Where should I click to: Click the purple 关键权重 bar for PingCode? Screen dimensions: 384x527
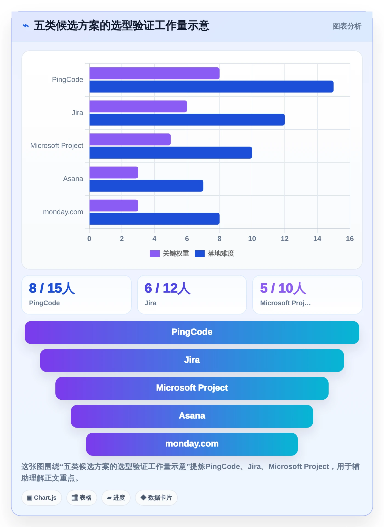click(154, 73)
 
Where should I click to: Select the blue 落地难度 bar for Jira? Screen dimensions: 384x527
click(187, 120)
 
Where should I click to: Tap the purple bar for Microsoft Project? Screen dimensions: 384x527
click(130, 139)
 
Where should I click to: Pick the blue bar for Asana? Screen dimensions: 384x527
click(146, 186)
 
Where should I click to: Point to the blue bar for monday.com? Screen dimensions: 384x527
click(154, 219)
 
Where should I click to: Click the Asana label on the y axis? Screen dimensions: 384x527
click(73, 179)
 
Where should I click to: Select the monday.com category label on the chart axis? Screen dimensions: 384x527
click(63, 212)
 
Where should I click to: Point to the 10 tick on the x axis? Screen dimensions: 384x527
click(252, 239)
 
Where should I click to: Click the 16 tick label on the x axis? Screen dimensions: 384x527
click(350, 239)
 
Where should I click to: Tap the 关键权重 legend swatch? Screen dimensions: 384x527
click(155, 254)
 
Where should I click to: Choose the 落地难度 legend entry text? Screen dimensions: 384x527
click(221, 254)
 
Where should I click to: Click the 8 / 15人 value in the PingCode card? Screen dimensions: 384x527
click(52, 288)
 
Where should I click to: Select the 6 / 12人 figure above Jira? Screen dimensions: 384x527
click(168, 288)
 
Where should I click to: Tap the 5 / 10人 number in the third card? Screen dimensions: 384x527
click(283, 288)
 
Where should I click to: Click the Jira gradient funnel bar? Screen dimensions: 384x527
click(192, 360)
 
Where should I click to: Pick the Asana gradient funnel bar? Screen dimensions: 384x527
click(192, 416)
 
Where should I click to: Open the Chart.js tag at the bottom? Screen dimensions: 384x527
click(42, 498)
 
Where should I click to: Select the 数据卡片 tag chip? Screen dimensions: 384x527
click(156, 498)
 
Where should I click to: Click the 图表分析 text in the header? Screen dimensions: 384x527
click(347, 26)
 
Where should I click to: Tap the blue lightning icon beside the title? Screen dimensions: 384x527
click(26, 26)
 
